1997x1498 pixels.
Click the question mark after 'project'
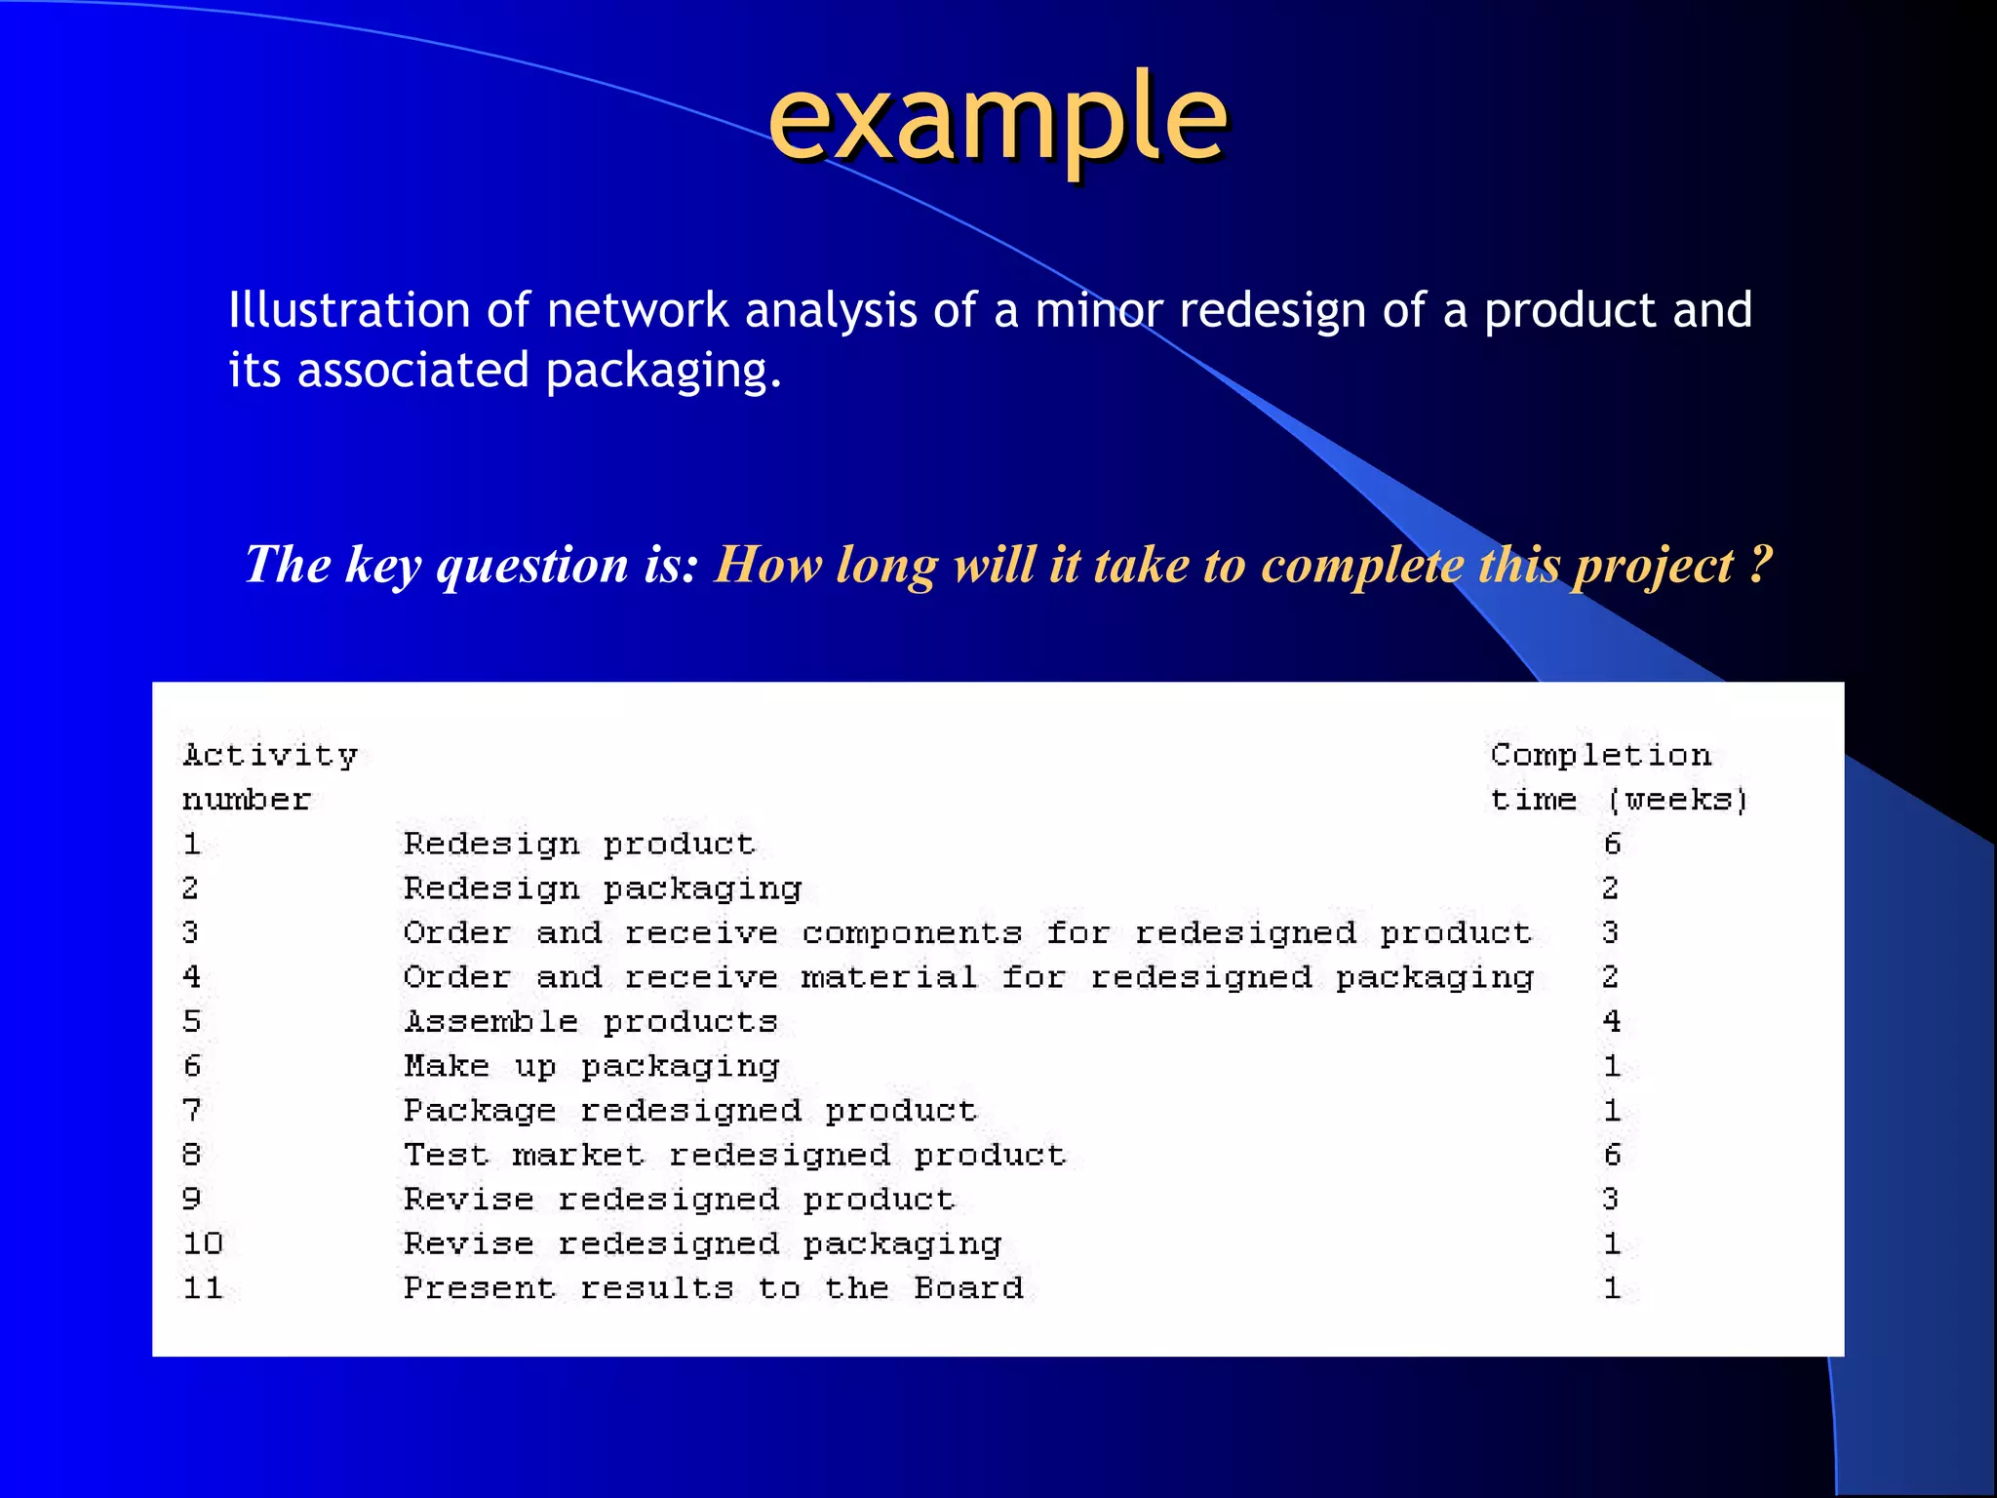[1759, 564]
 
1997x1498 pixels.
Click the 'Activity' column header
[270, 755]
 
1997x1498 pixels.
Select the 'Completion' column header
[1600, 755]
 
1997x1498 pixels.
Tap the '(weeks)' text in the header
[1677, 800]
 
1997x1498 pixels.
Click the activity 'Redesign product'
[579, 844]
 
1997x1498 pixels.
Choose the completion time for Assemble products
[1611, 1021]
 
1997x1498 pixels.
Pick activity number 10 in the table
[203, 1243]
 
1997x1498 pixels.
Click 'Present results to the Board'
[713, 1288]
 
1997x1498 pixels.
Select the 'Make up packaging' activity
[591, 1066]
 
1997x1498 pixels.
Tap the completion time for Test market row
[1612, 1155]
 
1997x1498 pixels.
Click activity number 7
[191, 1110]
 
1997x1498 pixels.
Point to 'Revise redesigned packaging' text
[702, 1244]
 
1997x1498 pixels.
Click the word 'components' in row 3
[912, 933]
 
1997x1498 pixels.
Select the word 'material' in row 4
[888, 977]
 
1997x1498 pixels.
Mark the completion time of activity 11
[1612, 1288]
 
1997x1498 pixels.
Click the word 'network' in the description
[637, 310]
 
